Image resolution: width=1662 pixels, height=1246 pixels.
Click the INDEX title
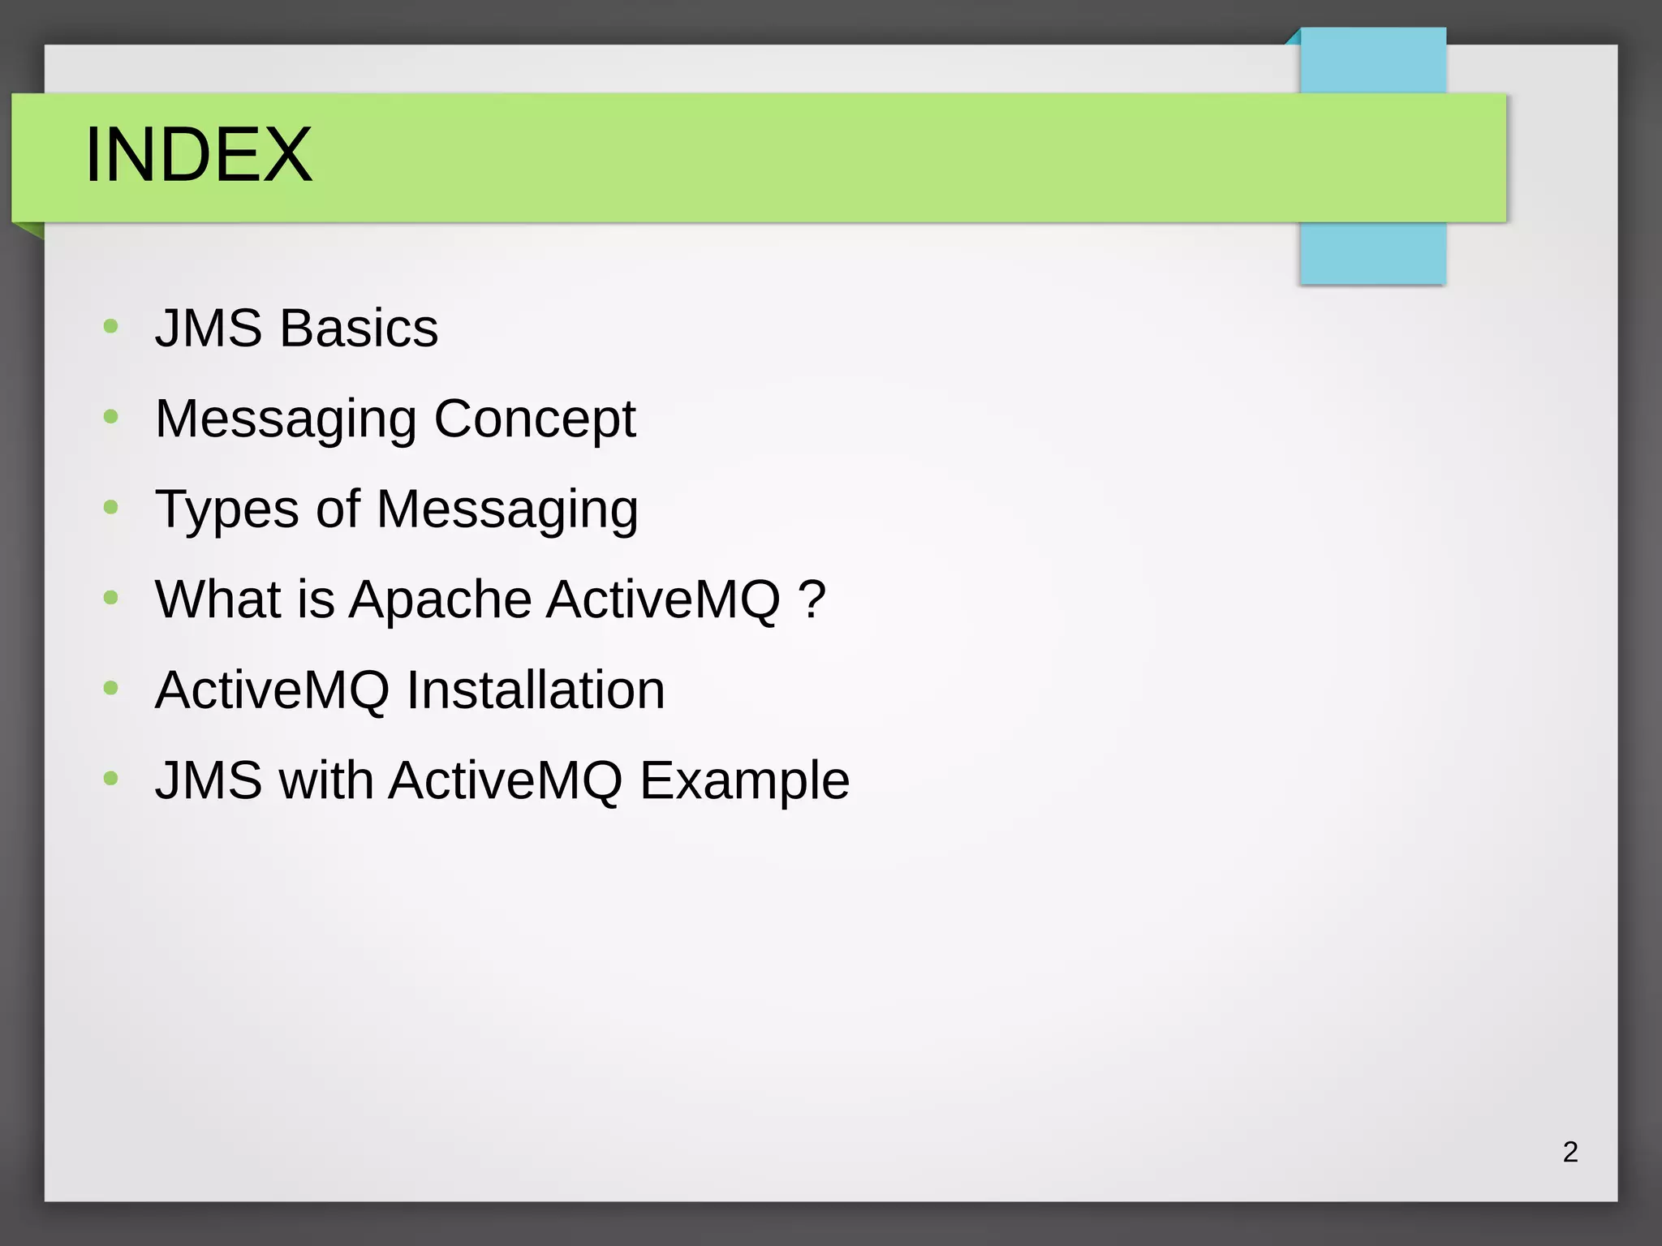[198, 155]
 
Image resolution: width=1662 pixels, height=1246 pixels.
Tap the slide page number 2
[1569, 1152]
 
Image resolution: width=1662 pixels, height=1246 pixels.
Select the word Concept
[534, 420]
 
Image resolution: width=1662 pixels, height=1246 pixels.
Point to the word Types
[226, 510]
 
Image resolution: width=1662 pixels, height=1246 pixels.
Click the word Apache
[440, 600]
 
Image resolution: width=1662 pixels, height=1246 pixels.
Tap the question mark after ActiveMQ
[812, 599]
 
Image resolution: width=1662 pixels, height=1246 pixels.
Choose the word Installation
[535, 690]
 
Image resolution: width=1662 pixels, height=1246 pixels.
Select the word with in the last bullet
[325, 780]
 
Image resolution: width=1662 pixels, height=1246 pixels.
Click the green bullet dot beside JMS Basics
[111, 327]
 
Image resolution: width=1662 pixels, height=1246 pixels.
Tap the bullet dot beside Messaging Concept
[111, 417]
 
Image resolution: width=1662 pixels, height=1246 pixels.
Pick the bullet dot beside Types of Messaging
[111, 508]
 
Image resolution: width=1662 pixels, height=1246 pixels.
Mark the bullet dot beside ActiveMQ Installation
[111, 689]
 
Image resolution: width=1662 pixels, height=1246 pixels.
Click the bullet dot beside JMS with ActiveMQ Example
[111, 779]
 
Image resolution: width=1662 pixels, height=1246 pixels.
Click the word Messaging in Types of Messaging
[507, 510]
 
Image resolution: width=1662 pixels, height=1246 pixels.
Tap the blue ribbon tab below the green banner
[1372, 253]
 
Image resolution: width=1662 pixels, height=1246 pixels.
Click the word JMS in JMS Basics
[209, 329]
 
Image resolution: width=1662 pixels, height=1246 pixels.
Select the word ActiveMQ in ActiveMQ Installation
[272, 690]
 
